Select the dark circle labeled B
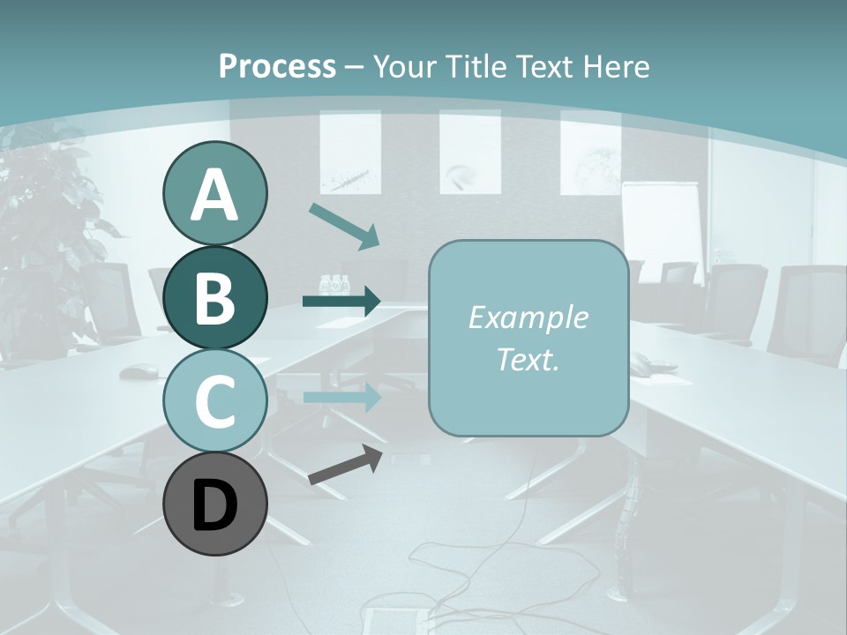(x=214, y=297)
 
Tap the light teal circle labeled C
(x=214, y=400)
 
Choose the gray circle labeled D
(x=214, y=504)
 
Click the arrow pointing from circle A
(x=344, y=225)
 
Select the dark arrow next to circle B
(x=341, y=302)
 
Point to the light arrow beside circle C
(x=341, y=397)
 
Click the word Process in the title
(x=277, y=66)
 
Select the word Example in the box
(x=528, y=317)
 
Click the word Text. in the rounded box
(x=528, y=360)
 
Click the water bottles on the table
(x=335, y=285)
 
